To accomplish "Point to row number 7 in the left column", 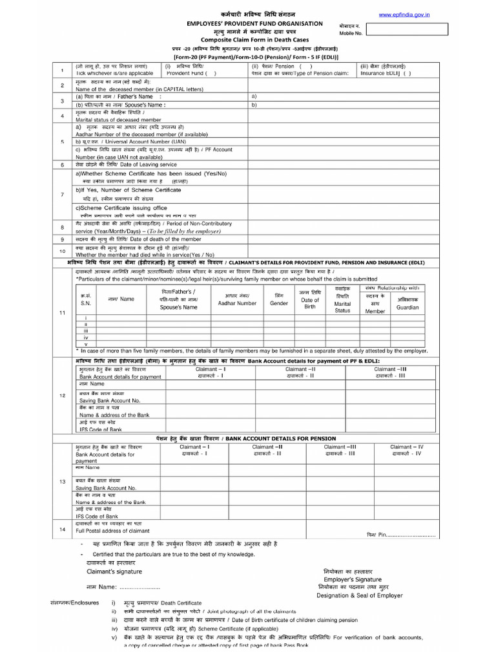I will point(62,195).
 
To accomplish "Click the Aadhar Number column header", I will point(237,303).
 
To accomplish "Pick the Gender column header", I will point(279,303).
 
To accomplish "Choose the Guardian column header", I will point(408,308).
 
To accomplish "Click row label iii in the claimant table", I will point(85,330).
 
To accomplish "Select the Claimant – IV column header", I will point(407,447).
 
